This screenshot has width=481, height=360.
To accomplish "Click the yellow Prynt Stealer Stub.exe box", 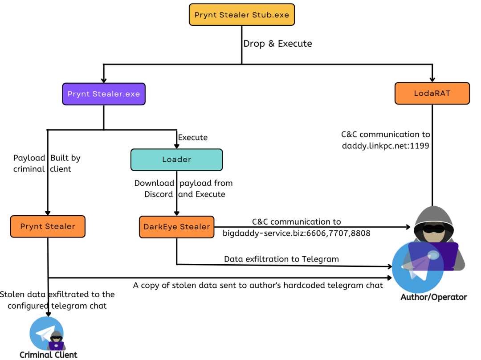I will pyautogui.click(x=242, y=14).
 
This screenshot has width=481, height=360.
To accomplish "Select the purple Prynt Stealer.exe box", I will pyautogui.click(x=104, y=94).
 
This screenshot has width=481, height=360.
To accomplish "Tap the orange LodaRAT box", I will pyautogui.click(x=432, y=93).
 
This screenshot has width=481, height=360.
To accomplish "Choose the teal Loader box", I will pyautogui.click(x=176, y=160).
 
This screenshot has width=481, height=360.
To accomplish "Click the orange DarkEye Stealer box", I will pyautogui.click(x=176, y=227).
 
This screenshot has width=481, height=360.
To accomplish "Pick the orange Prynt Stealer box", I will pyautogui.click(x=48, y=227).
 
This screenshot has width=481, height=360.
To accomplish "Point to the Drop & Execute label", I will pyautogui.click(x=277, y=44).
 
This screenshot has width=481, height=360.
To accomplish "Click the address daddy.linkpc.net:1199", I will pyautogui.click(x=385, y=145).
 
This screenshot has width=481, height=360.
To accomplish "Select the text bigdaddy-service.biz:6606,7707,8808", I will pyautogui.click(x=296, y=233).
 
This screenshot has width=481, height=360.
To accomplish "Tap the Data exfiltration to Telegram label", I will pyautogui.click(x=281, y=259).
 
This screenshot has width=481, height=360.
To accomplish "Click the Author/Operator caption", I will pyautogui.click(x=433, y=297).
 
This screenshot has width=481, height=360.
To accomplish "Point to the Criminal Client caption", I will pyautogui.click(x=49, y=355).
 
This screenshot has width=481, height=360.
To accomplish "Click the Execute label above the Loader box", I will pyautogui.click(x=193, y=137).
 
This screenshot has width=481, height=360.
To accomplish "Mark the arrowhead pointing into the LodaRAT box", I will pyautogui.click(x=432, y=79).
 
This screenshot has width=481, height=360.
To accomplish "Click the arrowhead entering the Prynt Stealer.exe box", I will pyautogui.click(x=104, y=80).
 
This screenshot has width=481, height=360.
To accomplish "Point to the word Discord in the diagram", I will pyautogui.click(x=159, y=194).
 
